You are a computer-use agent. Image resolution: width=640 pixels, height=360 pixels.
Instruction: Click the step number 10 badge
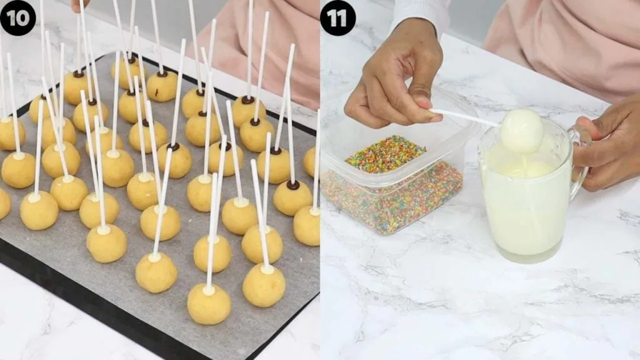coord(18,17)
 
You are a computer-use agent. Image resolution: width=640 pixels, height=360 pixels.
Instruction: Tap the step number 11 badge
coord(337,17)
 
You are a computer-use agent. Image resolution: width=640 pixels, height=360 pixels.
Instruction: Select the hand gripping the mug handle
coord(609,150)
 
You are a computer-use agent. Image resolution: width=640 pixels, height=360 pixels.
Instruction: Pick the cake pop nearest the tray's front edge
coord(209,304)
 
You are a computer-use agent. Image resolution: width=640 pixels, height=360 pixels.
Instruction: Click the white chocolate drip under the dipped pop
coord(524,162)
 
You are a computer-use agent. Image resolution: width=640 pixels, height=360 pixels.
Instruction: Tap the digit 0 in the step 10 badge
coord(24,17)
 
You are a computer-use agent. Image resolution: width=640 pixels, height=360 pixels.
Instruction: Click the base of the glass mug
coord(528,256)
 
